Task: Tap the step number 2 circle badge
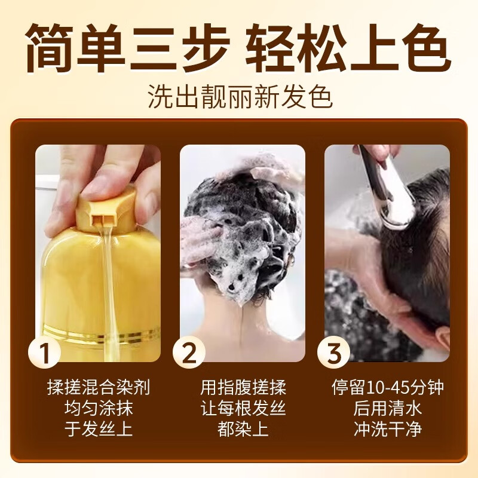[x=189, y=353]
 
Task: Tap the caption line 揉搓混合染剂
[x=99, y=387]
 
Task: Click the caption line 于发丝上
[x=99, y=429]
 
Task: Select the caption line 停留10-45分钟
[x=388, y=387]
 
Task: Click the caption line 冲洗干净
[x=388, y=429]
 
